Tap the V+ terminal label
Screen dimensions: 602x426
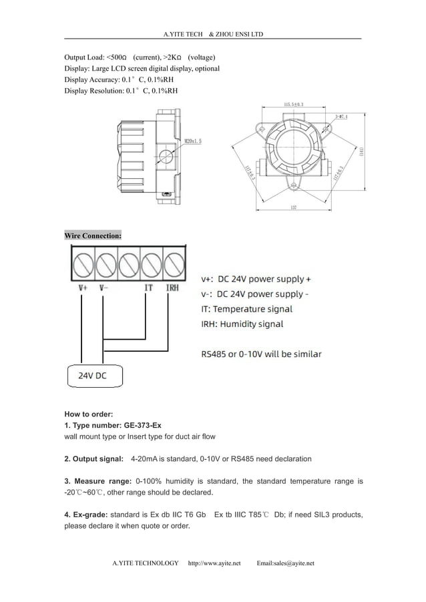pos(82,288)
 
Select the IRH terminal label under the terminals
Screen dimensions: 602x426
pos(172,288)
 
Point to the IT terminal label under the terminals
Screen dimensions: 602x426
pos(149,288)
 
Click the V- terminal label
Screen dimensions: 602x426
pos(103,288)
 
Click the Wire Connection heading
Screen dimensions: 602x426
pos(93,236)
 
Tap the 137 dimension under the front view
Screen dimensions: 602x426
pos(294,208)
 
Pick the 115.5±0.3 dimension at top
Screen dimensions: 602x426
pos(294,105)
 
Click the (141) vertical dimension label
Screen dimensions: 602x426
pos(361,152)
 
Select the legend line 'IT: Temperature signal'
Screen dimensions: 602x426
pos(246,309)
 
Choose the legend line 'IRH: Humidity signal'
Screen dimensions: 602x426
pos(242,324)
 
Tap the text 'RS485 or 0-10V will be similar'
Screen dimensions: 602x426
pos(261,354)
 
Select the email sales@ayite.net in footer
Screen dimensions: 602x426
pos(285,563)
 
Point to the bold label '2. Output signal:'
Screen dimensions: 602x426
pos(93,459)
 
